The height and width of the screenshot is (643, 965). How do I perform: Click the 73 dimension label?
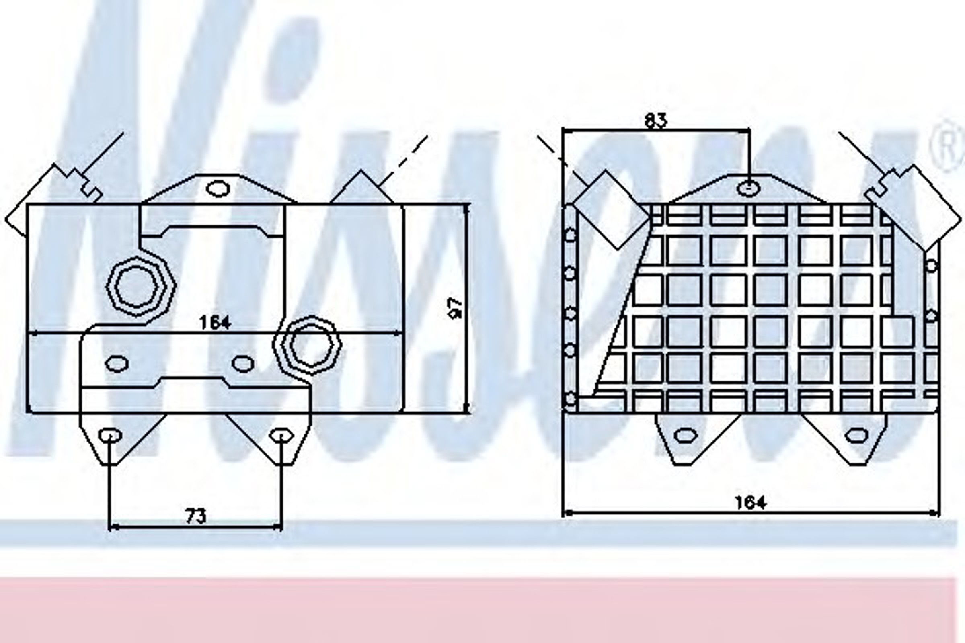(x=196, y=517)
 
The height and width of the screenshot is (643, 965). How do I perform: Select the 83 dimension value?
(x=656, y=121)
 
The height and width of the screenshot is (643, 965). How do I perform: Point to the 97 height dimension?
(x=456, y=308)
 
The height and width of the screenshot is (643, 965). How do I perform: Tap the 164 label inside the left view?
(x=215, y=322)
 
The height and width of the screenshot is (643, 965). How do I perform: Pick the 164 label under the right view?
(x=750, y=502)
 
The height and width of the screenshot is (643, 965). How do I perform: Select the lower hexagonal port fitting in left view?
(x=308, y=345)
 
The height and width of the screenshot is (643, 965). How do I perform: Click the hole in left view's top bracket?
(x=218, y=188)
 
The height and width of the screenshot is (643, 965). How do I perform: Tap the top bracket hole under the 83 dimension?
(x=749, y=188)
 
